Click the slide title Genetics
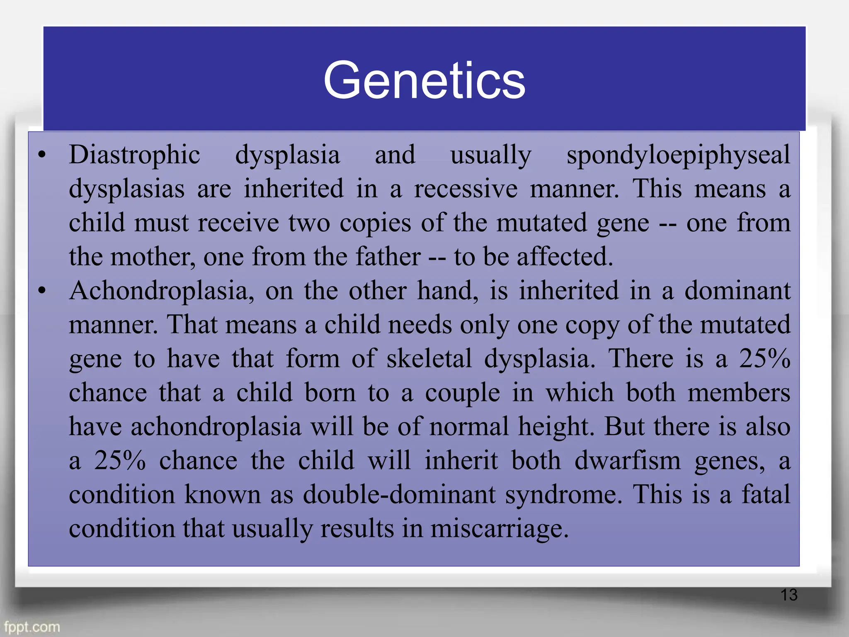[424, 80]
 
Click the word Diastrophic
[134, 155]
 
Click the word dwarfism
[627, 461]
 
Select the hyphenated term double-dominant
[399, 495]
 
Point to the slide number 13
[788, 595]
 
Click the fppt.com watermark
[32, 627]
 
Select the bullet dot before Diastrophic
[41, 156]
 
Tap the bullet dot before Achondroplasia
[41, 291]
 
